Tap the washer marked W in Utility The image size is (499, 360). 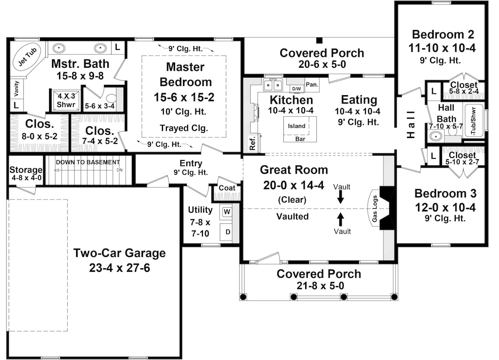click(x=227, y=212)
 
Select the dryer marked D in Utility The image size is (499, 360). click(x=227, y=232)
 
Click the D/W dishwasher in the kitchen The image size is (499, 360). click(x=296, y=89)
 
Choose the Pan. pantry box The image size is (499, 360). click(x=312, y=84)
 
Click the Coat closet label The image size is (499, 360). click(x=227, y=188)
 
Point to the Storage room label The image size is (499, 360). click(x=26, y=170)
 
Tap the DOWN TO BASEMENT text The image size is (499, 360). click(x=88, y=162)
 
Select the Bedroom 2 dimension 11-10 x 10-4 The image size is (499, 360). click(x=443, y=48)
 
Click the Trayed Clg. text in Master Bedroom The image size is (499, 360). click(x=183, y=128)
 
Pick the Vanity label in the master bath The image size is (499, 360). click(x=16, y=89)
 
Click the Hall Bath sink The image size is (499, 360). click(x=435, y=136)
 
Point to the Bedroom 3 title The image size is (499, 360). click(x=445, y=194)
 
